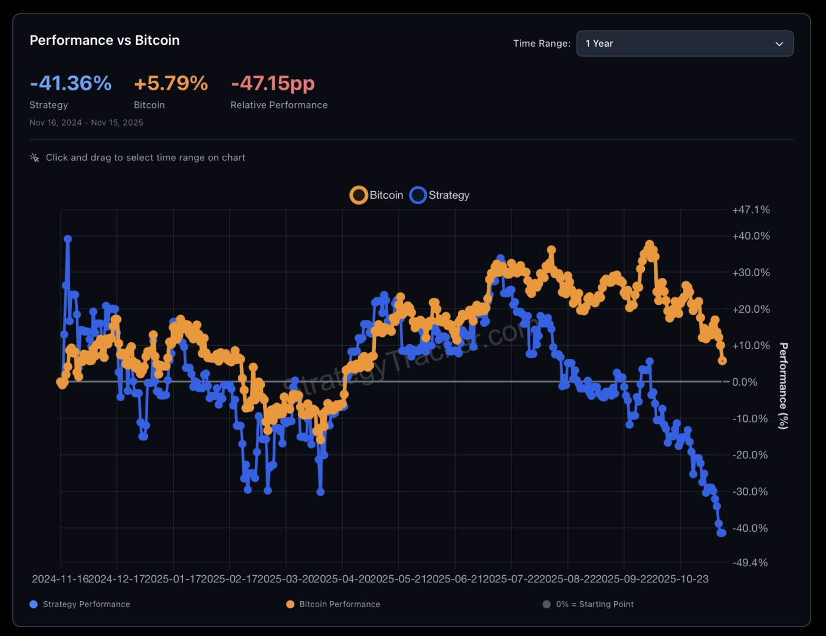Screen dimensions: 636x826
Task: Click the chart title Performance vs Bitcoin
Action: pos(104,40)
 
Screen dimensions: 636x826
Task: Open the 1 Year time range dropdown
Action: pos(684,44)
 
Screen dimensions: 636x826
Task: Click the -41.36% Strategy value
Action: pos(71,83)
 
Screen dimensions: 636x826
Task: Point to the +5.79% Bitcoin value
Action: pos(171,83)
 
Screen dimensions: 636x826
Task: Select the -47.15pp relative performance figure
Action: pos(273,83)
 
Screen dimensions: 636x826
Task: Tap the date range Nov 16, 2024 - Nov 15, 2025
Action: pos(86,123)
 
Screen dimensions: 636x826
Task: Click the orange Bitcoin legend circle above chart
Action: pos(359,195)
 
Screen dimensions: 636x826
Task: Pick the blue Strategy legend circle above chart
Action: pos(418,195)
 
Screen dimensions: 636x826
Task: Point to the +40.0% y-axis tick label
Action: pos(750,236)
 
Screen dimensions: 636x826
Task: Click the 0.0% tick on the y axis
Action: pos(745,382)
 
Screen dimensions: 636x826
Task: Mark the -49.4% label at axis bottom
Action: pos(750,563)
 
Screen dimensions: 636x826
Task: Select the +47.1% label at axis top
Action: pos(750,210)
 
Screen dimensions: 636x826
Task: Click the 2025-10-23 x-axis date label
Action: pos(681,579)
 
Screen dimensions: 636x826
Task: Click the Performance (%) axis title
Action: pos(783,386)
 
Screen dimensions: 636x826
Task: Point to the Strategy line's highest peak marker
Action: pos(68,239)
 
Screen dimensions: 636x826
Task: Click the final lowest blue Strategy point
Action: pos(722,533)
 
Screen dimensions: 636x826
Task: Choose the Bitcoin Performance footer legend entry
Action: pos(339,604)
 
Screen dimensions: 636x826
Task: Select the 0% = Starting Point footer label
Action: pos(594,604)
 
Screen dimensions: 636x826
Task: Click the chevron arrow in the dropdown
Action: pos(779,44)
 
